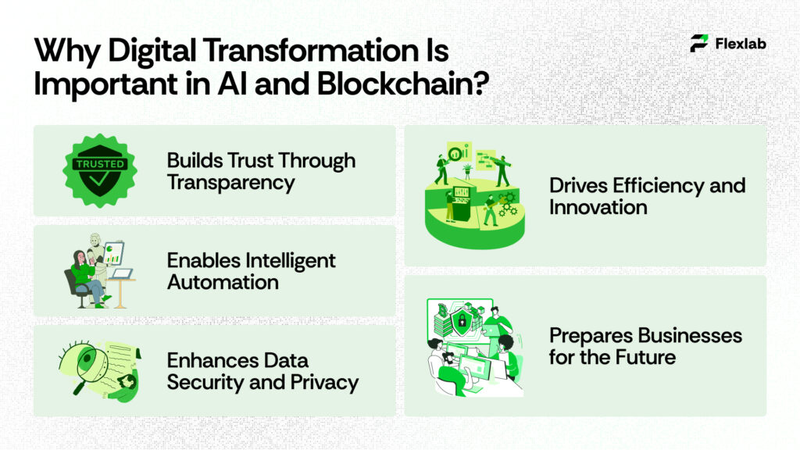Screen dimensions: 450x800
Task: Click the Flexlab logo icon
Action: coord(699,44)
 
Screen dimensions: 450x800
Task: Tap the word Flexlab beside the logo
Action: coord(741,44)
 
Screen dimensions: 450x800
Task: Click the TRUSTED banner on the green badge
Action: coord(98,164)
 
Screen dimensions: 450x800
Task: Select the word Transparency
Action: coord(230,183)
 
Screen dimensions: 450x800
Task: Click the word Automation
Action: coord(223,282)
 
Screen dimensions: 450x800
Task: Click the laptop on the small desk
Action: coord(122,273)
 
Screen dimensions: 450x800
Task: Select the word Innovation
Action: coord(598,207)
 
